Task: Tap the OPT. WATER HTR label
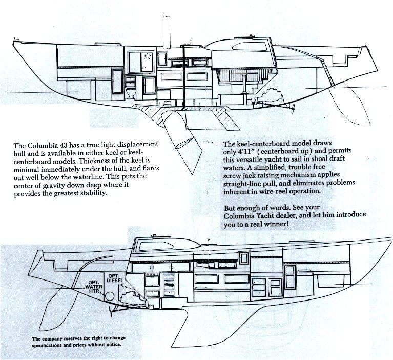point(94,286)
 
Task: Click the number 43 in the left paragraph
point(71,146)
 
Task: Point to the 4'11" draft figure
point(253,153)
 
